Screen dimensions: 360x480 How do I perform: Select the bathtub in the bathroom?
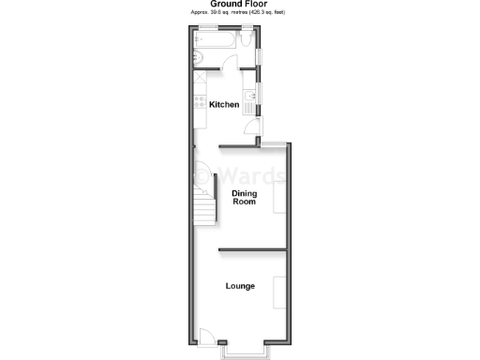pos(217,42)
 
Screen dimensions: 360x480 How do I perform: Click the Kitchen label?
pos(223,105)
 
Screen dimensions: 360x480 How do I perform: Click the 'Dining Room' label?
pos(244,197)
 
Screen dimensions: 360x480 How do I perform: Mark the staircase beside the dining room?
pos(203,196)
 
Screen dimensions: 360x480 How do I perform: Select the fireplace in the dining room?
pos(279,199)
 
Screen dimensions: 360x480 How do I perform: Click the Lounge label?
pos(240,286)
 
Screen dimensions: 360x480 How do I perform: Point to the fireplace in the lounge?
pos(279,292)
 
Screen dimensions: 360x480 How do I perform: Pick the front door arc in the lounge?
pos(208,336)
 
